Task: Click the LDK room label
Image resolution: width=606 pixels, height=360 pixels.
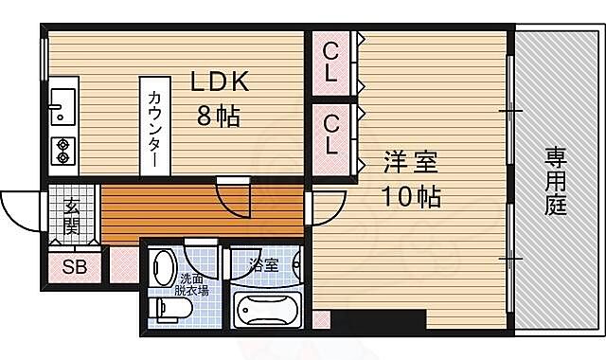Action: [220, 83]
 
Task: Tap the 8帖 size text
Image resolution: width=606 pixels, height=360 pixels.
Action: [218, 117]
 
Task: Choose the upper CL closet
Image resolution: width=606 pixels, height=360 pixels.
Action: [330, 63]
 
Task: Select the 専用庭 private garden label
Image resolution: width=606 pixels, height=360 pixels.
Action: [556, 180]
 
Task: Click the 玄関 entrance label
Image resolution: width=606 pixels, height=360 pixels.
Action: [72, 215]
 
